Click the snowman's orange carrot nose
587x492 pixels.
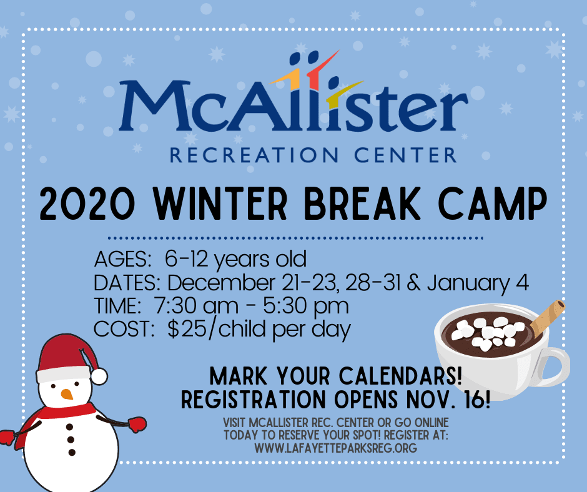click(x=67, y=394)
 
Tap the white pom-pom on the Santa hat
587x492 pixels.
click(x=99, y=376)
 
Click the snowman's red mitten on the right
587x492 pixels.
click(x=136, y=424)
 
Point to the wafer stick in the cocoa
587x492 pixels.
click(x=548, y=315)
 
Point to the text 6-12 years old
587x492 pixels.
click(x=236, y=258)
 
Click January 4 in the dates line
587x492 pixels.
click(x=478, y=282)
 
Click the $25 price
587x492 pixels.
click(x=183, y=329)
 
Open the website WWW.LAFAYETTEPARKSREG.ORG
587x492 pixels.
click(x=335, y=447)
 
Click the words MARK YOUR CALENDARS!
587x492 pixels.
click(x=336, y=376)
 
